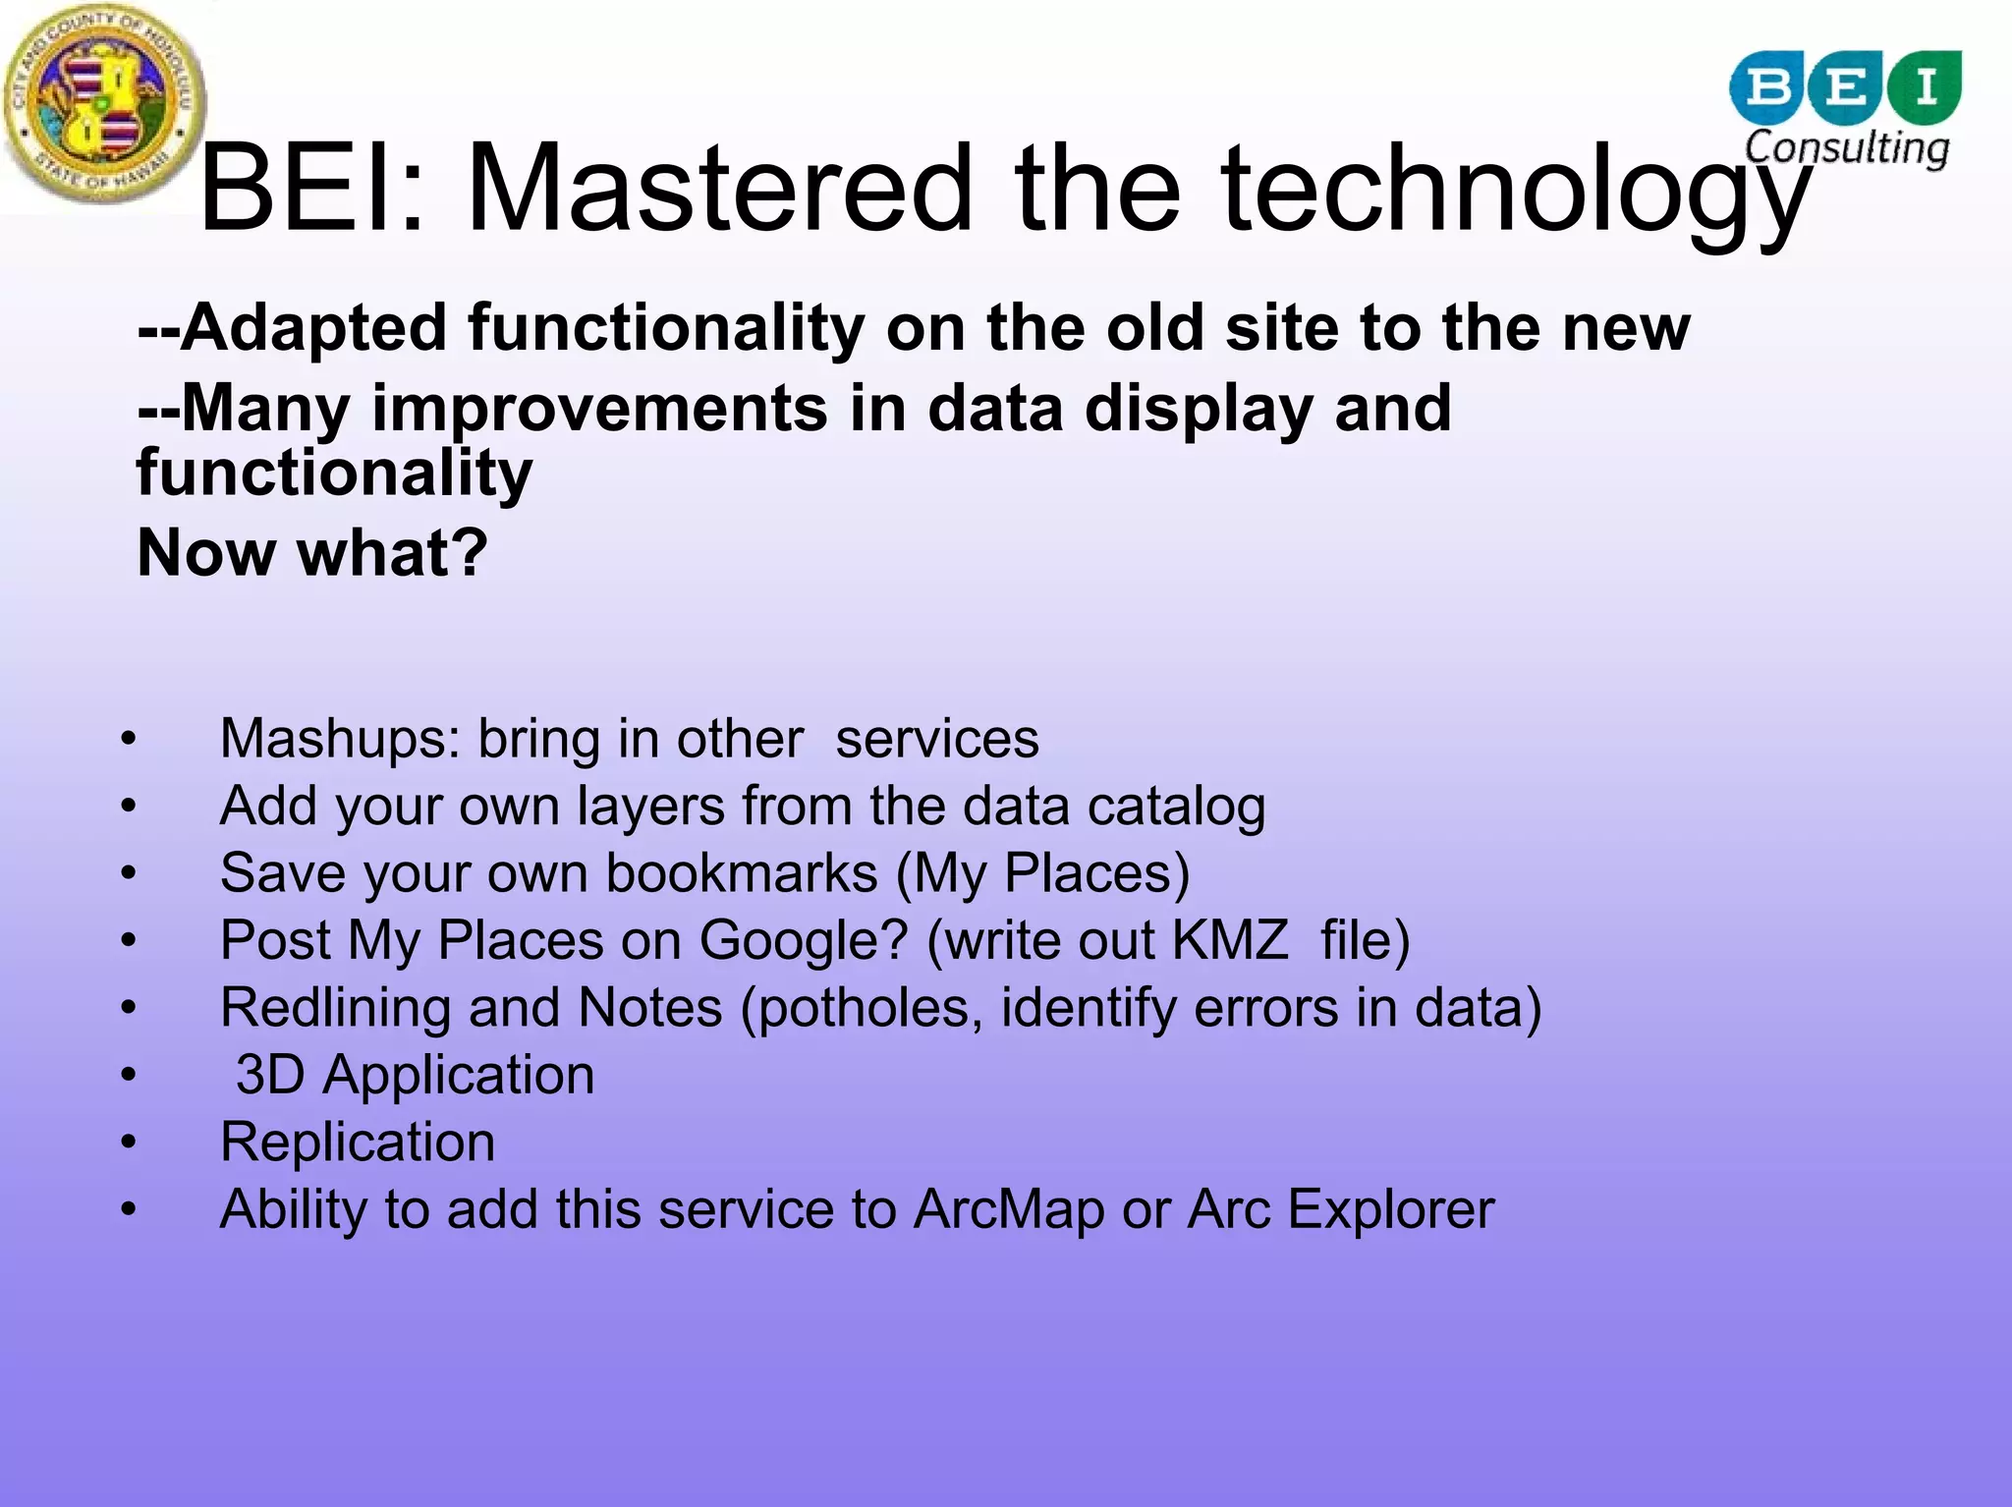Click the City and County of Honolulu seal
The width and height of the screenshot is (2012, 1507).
point(105,104)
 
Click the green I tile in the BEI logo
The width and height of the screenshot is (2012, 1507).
point(1926,86)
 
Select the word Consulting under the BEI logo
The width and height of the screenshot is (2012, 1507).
point(1847,147)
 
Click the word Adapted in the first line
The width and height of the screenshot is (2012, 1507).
point(314,328)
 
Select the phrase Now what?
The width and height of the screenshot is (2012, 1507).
point(312,553)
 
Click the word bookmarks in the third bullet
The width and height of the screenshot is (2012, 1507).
point(742,873)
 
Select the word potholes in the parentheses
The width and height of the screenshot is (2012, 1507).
point(869,1009)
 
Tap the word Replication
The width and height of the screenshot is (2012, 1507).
point(358,1143)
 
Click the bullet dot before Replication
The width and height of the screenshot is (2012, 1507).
point(129,1143)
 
